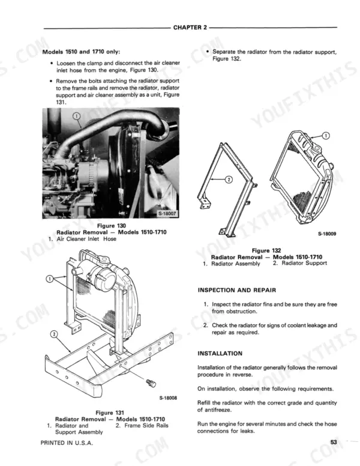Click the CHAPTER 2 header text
[190, 28]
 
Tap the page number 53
[334, 442]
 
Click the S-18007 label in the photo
[167, 213]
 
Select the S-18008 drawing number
[168, 398]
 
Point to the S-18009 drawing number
[327, 234]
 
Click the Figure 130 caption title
[112, 226]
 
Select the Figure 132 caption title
[266, 250]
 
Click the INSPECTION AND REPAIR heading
[237, 290]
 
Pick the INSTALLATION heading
[220, 353]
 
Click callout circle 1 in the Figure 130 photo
[76, 116]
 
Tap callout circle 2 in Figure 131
[54, 334]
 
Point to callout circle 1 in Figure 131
[49, 279]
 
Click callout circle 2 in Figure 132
[229, 179]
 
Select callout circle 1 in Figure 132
[326, 136]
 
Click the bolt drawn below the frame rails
[151, 383]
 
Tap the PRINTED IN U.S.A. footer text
[67, 443]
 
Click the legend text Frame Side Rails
[146, 426]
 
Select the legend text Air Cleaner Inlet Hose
[86, 238]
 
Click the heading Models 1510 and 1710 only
[82, 52]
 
